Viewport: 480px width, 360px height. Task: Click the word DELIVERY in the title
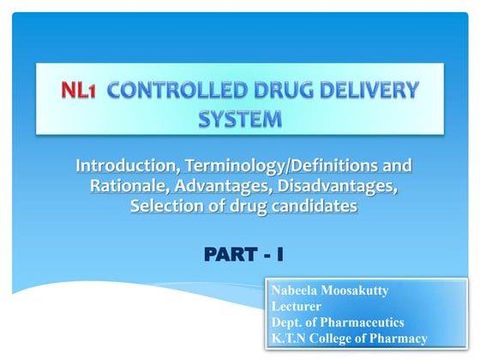[362, 88]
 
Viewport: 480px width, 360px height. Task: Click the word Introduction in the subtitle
[126, 165]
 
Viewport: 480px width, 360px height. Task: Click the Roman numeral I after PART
[279, 255]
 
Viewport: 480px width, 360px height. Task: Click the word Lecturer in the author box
[296, 306]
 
